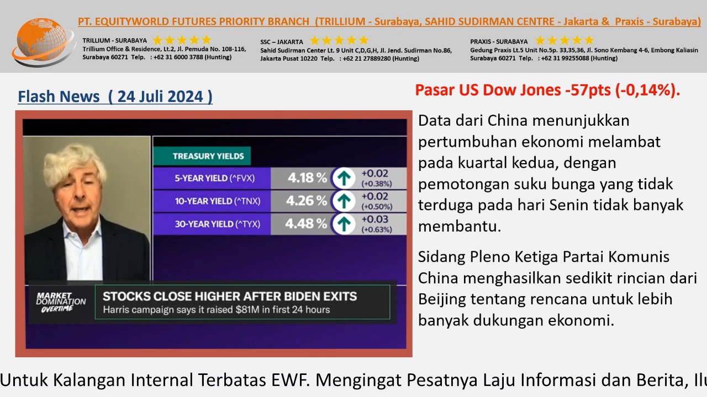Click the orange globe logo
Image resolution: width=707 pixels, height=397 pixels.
pyautogui.click(x=43, y=41)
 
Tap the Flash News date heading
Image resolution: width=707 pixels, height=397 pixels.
pyautogui.click(x=115, y=96)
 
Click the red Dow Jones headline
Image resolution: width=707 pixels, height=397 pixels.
pyautogui.click(x=547, y=90)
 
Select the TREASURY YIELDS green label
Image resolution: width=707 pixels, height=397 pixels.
pyautogui.click(x=202, y=156)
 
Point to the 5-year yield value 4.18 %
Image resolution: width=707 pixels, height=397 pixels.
pyautogui.click(x=307, y=178)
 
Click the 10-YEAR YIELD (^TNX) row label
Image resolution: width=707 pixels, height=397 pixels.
pyautogui.click(x=218, y=201)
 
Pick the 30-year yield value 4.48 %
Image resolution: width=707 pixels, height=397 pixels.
pyautogui.click(x=306, y=224)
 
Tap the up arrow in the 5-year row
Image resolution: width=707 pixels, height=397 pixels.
pyautogui.click(x=344, y=178)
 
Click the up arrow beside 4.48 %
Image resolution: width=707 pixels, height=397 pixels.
pyautogui.click(x=344, y=224)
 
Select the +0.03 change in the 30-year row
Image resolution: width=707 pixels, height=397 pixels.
pyautogui.click(x=374, y=219)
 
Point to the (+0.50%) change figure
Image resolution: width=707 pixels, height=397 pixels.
pyautogui.click(x=377, y=207)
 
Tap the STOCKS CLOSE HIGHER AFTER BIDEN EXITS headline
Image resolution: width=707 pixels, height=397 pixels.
pyautogui.click(x=230, y=297)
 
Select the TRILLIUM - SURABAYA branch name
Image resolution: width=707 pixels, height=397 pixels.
pyautogui.click(x=114, y=41)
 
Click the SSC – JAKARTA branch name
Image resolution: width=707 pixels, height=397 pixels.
pyautogui.click(x=282, y=42)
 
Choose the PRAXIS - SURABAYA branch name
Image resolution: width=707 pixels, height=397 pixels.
pyautogui.click(x=499, y=41)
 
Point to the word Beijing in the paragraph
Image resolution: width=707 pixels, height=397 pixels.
pyautogui.click(x=442, y=299)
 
